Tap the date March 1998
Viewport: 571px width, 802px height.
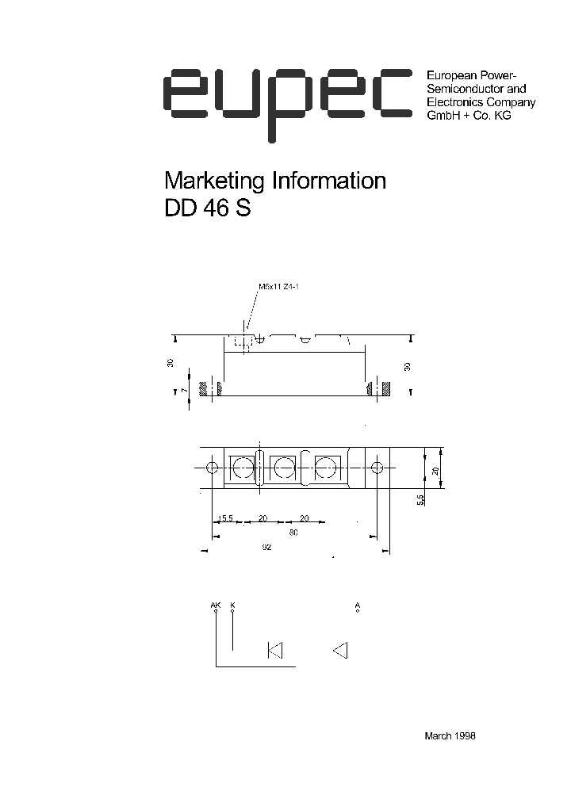[x=450, y=735]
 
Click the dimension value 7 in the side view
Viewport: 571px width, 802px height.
[x=181, y=391]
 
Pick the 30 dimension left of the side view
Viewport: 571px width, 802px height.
[x=170, y=362]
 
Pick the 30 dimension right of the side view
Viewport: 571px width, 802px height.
[x=406, y=366]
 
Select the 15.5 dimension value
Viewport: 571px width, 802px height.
[x=225, y=519]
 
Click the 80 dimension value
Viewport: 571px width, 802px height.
[x=293, y=533]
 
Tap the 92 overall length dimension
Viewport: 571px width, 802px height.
[x=266, y=548]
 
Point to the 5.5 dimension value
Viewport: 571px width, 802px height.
[x=420, y=498]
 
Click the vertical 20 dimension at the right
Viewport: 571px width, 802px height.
[x=435, y=471]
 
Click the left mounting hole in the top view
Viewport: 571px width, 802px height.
[x=212, y=468]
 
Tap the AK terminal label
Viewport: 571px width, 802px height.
[x=216, y=605]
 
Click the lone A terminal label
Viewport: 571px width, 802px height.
[x=358, y=605]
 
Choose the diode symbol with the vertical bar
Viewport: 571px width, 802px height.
[x=275, y=651]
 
